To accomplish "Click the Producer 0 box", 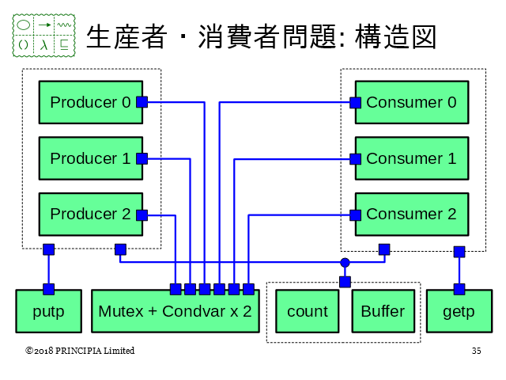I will coord(90,102).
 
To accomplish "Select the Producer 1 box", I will coord(90,158).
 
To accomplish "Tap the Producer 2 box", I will coord(90,215).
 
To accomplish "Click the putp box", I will coord(48,311).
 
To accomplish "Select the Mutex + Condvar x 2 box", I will coord(175,311).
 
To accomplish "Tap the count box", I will coord(307,311).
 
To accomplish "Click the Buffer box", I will coord(382,311).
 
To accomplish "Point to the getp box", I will coord(459,311).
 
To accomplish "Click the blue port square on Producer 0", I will coord(142,101).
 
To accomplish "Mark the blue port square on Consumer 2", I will coord(355,215).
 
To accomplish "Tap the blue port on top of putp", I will coord(48,289).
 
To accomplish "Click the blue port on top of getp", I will coord(459,289).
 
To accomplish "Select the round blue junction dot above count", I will coord(345,262).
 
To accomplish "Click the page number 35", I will coord(476,351).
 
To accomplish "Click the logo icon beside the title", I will coord(44,36).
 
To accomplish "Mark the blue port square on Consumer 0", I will coord(355,102).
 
